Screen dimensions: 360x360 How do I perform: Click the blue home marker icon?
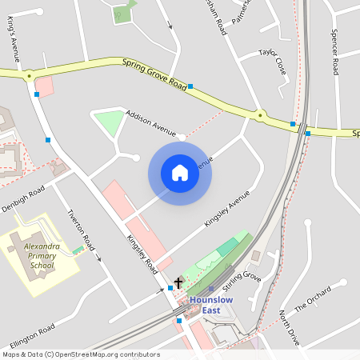[x=180, y=173]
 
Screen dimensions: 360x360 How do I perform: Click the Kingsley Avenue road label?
[x=227, y=208]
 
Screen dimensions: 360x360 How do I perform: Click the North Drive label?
[x=290, y=328]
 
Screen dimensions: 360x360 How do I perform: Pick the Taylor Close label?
[x=272, y=62]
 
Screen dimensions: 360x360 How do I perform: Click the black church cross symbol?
[x=178, y=282]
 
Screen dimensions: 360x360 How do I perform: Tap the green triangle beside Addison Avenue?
[x=109, y=122]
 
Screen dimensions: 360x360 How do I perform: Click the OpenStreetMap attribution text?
[x=80, y=354]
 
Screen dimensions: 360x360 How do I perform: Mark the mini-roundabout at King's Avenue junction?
[x=30, y=77]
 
